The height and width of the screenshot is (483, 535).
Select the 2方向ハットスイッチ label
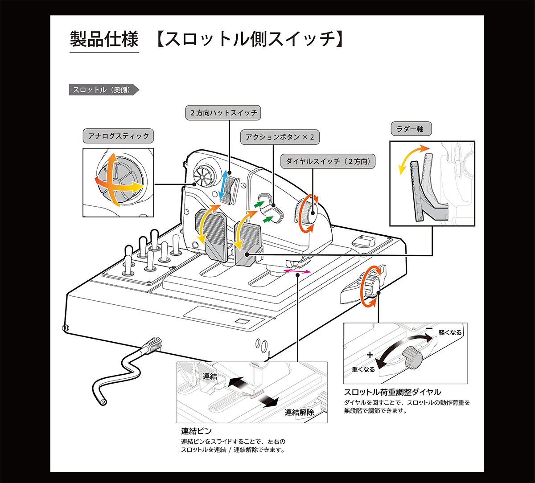tap(222, 113)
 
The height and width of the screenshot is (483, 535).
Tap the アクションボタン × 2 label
tap(280, 137)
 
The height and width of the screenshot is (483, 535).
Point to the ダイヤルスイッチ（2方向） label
tap(328, 161)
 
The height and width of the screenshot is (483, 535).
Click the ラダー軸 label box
tap(410, 129)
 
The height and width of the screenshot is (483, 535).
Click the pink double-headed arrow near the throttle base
tap(297, 271)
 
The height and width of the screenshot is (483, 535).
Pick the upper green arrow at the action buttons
tap(258, 204)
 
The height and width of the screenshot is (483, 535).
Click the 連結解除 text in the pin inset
tap(299, 412)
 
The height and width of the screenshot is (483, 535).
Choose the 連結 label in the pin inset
tap(210, 377)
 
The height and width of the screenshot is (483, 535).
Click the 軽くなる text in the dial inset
tap(450, 332)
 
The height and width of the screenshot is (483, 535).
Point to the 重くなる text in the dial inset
tap(363, 369)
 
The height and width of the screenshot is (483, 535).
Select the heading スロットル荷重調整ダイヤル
tap(392, 392)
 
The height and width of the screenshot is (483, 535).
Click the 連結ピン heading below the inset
tap(196, 431)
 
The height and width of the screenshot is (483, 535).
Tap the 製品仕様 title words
tap(104, 40)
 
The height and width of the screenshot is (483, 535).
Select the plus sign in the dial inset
tap(370, 355)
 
